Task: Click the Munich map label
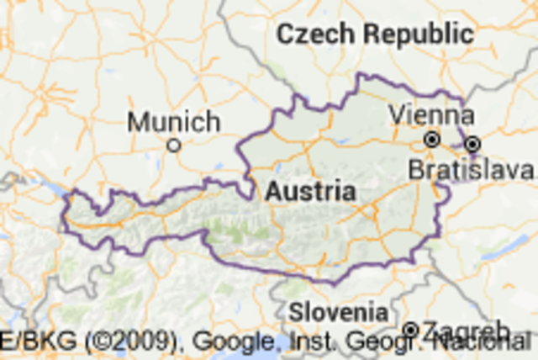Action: point(174,122)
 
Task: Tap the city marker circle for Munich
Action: point(174,145)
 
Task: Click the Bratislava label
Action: point(472,170)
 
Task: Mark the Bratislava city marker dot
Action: point(472,143)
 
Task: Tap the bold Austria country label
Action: point(300,191)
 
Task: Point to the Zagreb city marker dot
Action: point(411,329)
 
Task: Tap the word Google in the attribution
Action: point(233,343)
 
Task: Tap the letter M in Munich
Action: point(136,122)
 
